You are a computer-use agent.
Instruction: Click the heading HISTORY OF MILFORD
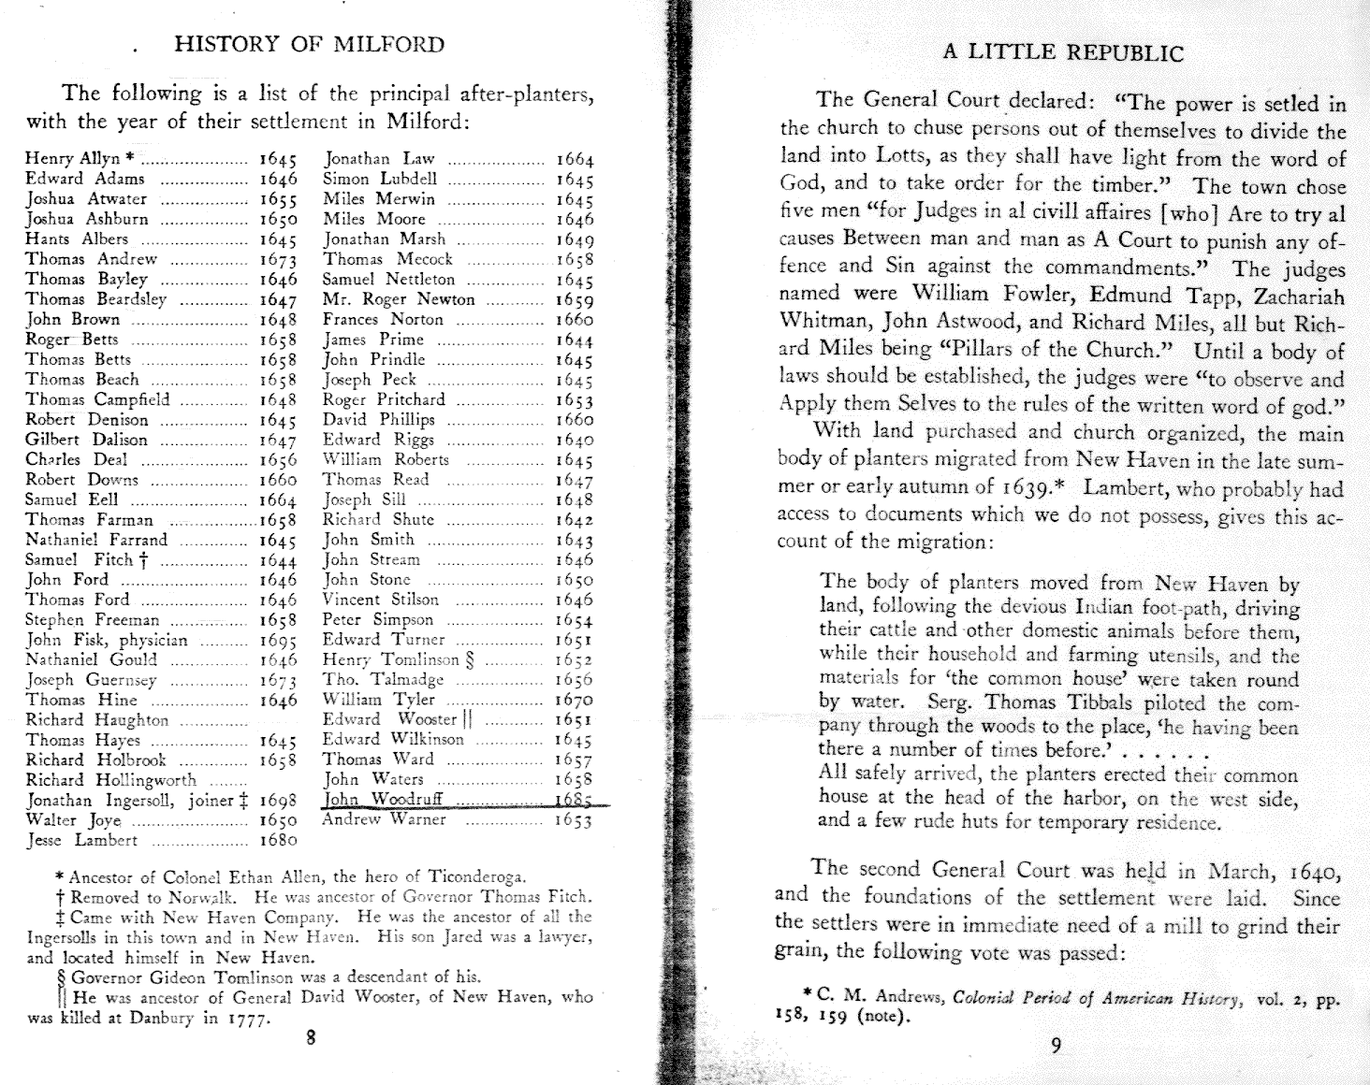click(309, 44)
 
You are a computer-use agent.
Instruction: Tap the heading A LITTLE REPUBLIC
click(1062, 52)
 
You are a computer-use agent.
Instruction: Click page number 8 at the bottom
click(311, 1036)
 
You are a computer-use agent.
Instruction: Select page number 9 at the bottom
click(1056, 1046)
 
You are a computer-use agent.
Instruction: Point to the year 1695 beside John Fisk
click(277, 642)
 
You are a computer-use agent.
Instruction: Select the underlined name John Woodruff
click(383, 799)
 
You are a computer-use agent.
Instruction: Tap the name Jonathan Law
click(378, 159)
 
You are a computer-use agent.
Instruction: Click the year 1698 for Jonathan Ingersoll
click(277, 801)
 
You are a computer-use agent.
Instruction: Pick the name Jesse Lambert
click(81, 840)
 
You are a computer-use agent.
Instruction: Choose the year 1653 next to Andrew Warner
click(574, 820)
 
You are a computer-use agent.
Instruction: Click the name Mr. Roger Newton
click(399, 299)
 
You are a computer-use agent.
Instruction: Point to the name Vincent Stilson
click(380, 600)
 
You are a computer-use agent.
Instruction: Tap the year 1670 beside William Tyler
click(574, 701)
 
